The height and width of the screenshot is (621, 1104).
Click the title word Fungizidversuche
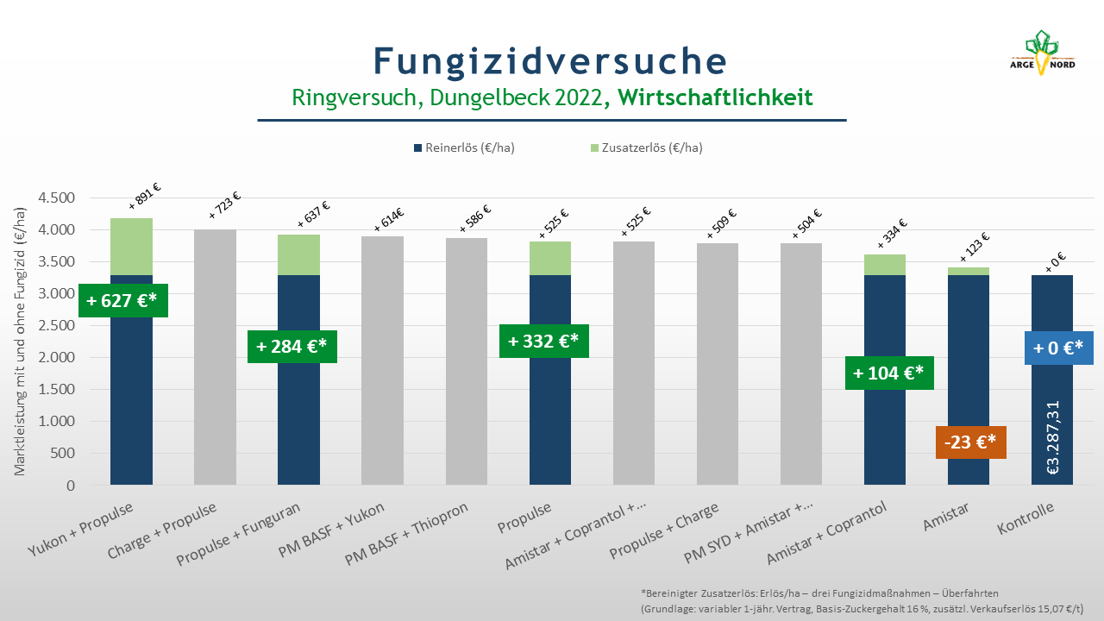coord(550,61)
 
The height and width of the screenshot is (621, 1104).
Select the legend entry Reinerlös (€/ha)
coord(464,147)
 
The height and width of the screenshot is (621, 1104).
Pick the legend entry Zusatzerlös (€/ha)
coord(646,147)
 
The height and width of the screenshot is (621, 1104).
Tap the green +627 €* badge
coord(123,300)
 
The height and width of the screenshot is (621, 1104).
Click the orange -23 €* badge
coord(971,442)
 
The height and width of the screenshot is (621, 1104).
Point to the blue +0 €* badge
coord(1058,348)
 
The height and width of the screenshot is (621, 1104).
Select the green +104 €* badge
coord(889,373)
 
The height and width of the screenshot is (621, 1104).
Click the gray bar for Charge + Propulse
coord(215,357)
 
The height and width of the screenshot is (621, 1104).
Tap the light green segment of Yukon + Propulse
coord(131,247)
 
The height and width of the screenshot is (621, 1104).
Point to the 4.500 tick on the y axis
coord(57,198)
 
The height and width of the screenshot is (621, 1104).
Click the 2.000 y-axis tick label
coord(57,357)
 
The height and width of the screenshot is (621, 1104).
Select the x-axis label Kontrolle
coord(1026,518)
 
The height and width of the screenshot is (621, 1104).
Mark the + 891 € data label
coord(145,196)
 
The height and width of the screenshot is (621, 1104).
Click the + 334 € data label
coord(892,234)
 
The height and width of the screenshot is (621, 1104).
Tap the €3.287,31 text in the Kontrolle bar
coord(1052,437)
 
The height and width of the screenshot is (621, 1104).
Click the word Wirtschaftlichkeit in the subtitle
coord(715,97)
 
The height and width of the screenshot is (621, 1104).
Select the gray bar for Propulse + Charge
coord(718,364)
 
